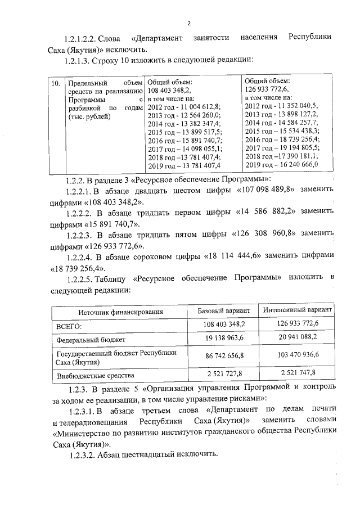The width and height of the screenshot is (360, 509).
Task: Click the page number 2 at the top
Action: tap(188, 23)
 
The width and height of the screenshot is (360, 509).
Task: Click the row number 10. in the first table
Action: tap(56, 83)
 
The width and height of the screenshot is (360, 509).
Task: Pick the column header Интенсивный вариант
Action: tap(297, 310)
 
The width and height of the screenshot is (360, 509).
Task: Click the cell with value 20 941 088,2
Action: tap(297, 337)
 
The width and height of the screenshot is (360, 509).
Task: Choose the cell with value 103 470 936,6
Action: tap(297, 355)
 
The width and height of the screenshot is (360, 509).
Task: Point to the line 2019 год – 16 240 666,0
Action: tap(282, 164)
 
